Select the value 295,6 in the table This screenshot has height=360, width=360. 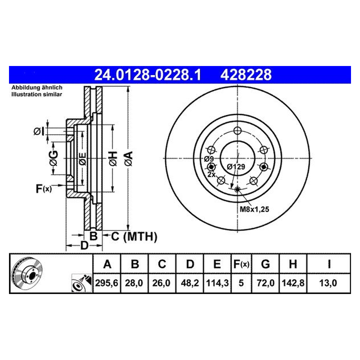pyautogui.click(x=106, y=283)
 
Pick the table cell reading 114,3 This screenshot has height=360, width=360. pyautogui.click(x=217, y=283)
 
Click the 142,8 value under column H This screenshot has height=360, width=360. pyautogui.click(x=293, y=283)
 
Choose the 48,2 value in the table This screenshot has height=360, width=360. pyautogui.click(x=190, y=283)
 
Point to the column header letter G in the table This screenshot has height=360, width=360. pyautogui.click(x=265, y=264)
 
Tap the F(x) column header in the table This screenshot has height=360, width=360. pyautogui.click(x=241, y=264)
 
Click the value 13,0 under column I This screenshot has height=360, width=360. pyautogui.click(x=328, y=283)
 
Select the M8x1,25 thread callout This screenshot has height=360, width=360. pyautogui.click(x=254, y=209)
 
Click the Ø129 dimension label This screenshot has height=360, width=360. pyautogui.click(x=236, y=166)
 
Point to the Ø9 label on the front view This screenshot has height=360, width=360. pyautogui.click(x=209, y=159)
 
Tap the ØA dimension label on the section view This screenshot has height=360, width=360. pyautogui.click(x=129, y=159)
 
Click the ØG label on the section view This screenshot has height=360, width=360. pyautogui.click(x=54, y=158)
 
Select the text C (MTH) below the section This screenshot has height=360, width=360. pyautogui.click(x=134, y=236)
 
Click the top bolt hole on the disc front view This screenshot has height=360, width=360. pyautogui.click(x=237, y=130)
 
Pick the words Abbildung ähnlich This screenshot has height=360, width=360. pyautogui.click(x=37, y=87)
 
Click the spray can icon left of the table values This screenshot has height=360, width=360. pyautogui.click(x=82, y=283)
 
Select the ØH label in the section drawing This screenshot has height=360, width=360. pyautogui.click(x=113, y=159)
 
